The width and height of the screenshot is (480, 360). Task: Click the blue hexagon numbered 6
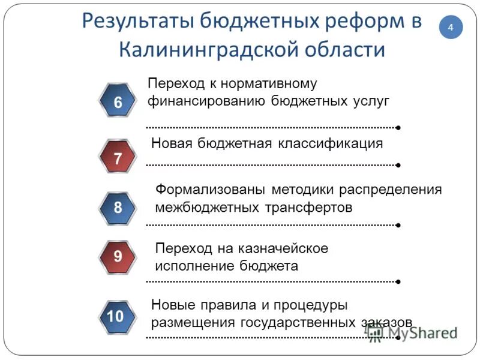click(x=118, y=103)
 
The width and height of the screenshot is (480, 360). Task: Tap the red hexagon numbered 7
click(x=118, y=158)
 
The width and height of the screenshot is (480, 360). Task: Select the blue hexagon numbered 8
click(x=118, y=208)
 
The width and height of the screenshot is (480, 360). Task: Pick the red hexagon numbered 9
click(x=118, y=257)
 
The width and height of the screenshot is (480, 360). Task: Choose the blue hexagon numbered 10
click(x=115, y=316)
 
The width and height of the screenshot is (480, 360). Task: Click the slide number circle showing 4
click(x=451, y=27)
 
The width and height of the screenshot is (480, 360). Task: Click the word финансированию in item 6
click(x=207, y=100)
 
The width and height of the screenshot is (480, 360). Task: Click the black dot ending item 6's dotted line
click(x=398, y=128)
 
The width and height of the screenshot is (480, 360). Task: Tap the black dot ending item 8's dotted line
click(x=398, y=225)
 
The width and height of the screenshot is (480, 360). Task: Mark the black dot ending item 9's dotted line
click(x=398, y=281)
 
